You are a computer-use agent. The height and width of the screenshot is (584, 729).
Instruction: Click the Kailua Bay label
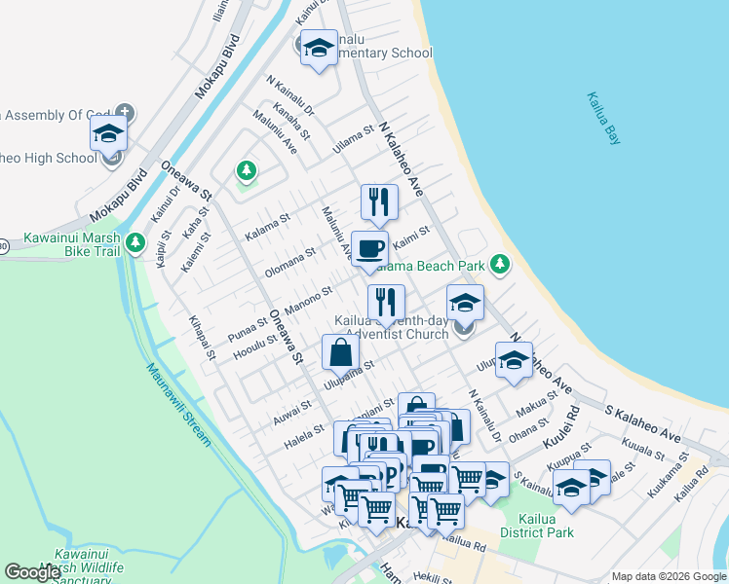coord(604,119)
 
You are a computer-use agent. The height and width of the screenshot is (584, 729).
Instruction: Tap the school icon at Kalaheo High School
coord(108,133)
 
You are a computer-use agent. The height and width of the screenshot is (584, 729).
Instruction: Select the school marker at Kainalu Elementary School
coord(318,51)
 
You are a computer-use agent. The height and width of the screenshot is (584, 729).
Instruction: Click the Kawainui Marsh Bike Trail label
coord(72,244)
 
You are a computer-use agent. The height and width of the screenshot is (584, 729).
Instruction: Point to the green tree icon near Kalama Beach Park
coord(500,264)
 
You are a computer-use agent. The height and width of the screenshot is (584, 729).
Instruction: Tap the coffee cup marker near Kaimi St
coord(370,249)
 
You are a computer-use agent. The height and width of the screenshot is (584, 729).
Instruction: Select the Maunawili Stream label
coord(178,404)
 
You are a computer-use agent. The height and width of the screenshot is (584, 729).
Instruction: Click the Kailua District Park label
coord(536,526)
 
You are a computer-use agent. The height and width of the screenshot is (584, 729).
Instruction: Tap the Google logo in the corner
coord(32,572)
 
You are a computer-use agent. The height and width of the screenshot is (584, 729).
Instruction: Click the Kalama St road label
coord(267,225)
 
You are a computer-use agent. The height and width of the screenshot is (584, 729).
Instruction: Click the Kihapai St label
coord(202,337)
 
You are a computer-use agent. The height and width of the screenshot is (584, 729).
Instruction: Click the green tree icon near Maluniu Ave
coord(247,172)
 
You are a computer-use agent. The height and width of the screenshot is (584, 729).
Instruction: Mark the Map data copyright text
coord(668,576)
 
